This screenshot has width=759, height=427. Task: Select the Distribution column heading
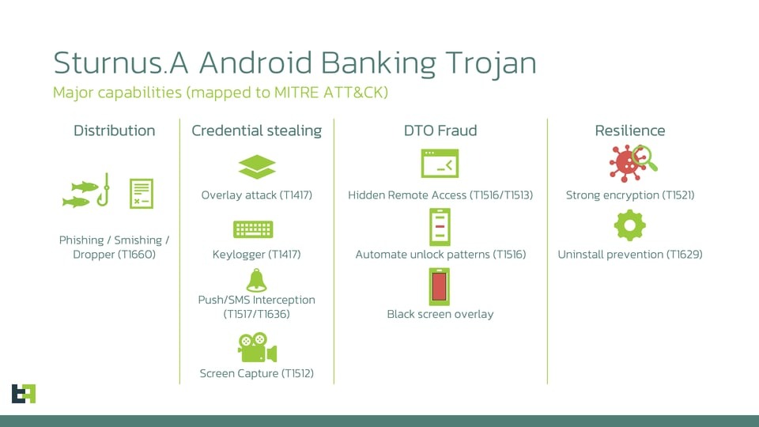click(x=115, y=130)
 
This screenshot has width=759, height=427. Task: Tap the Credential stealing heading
click(x=256, y=130)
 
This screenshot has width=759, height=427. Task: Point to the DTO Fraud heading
click(x=440, y=130)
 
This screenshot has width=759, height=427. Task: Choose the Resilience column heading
click(x=630, y=130)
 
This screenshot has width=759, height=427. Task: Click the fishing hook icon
click(x=102, y=191)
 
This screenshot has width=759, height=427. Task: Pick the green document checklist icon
click(x=142, y=194)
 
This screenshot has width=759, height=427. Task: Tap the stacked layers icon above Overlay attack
click(x=257, y=167)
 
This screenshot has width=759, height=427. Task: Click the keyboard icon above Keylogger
click(x=253, y=230)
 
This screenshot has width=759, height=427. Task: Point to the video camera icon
click(x=257, y=348)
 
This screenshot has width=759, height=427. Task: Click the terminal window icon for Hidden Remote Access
click(x=440, y=164)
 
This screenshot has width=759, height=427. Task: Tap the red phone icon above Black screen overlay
click(x=440, y=287)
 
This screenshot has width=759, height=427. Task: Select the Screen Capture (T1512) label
click(x=256, y=373)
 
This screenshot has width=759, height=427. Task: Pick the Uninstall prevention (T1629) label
click(x=630, y=255)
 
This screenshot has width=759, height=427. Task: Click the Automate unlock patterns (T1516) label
click(x=440, y=255)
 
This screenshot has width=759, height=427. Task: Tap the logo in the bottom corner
click(x=24, y=393)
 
